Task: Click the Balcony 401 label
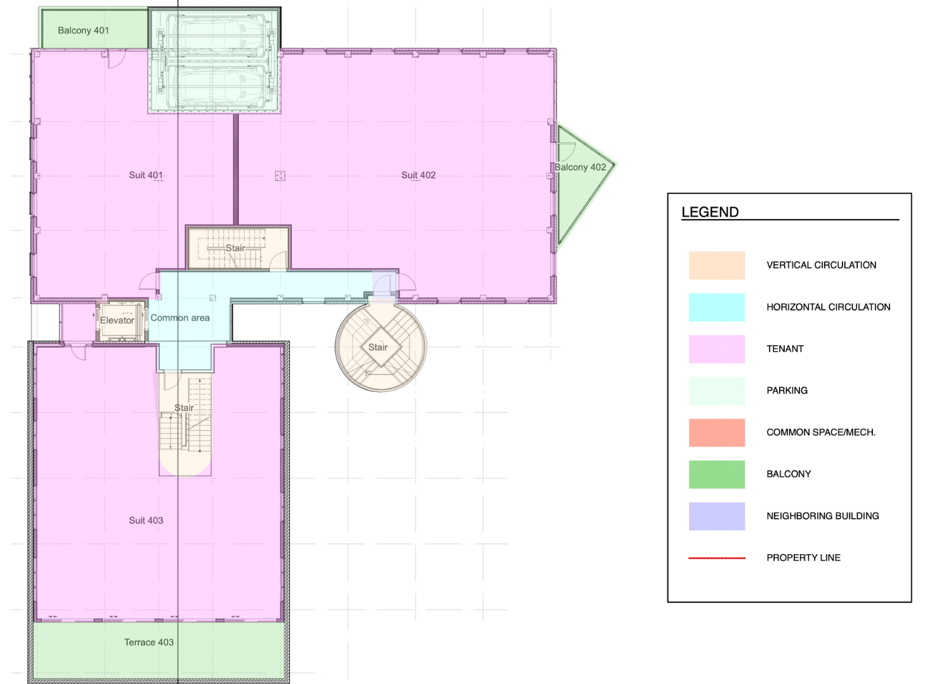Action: click(x=83, y=30)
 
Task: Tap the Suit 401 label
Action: click(x=146, y=175)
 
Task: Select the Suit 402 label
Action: click(x=418, y=175)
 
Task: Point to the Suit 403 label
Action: click(x=146, y=520)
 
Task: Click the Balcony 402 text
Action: click(x=580, y=167)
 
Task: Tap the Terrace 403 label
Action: click(x=149, y=642)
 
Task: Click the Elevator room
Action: click(x=118, y=320)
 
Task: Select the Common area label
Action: click(x=180, y=318)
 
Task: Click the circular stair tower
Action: click(x=380, y=347)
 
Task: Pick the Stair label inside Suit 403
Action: click(x=184, y=408)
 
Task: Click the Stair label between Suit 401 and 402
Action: click(x=235, y=248)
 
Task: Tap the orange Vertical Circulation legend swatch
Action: click(x=716, y=265)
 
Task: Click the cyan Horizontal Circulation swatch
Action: click(x=716, y=307)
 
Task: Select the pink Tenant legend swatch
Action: click(x=716, y=349)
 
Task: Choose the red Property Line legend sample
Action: click(x=716, y=558)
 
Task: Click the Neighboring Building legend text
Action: click(x=822, y=516)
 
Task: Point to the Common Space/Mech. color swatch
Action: click(x=716, y=433)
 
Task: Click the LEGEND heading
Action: click(x=710, y=212)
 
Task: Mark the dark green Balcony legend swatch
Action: click(x=716, y=474)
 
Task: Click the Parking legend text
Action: click(x=787, y=391)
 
